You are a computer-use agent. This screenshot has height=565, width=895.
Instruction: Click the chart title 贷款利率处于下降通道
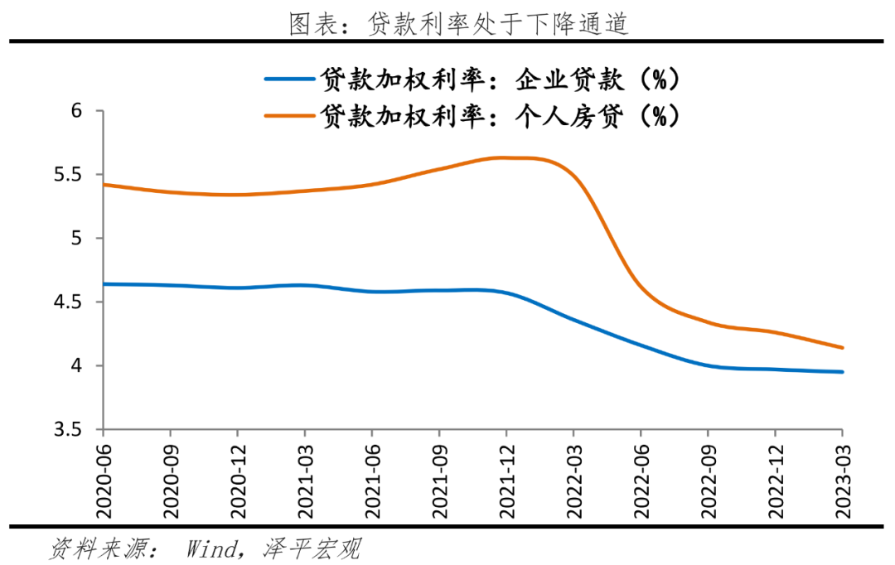pyautogui.click(x=458, y=23)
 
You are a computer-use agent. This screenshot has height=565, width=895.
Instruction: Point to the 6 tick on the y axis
pyautogui.click(x=81, y=111)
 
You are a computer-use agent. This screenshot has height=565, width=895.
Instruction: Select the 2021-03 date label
pyautogui.click(x=304, y=476)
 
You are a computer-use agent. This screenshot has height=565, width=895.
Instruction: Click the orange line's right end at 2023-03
pyautogui.click(x=843, y=348)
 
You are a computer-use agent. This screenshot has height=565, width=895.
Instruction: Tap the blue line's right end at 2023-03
pyautogui.click(x=843, y=372)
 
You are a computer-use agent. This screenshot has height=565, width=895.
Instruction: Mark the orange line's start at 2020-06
pyautogui.click(x=102, y=184)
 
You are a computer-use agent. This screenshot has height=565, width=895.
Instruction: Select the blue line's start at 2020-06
pyautogui.click(x=102, y=284)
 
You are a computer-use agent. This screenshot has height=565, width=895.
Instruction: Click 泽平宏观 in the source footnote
pyautogui.click(x=312, y=548)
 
